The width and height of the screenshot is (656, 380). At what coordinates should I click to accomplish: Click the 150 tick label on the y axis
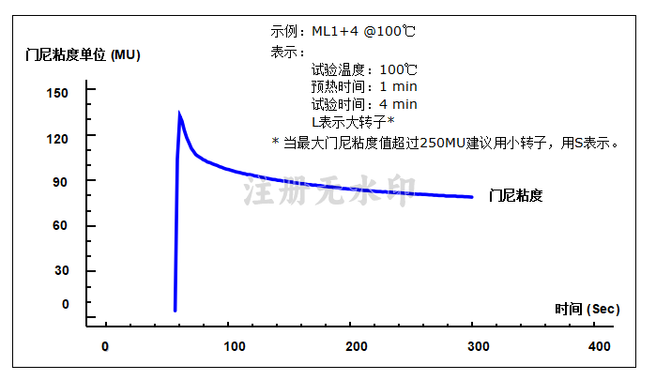pyautogui.click(x=57, y=93)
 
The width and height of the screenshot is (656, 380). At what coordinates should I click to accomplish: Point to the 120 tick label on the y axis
pyautogui.click(x=57, y=139)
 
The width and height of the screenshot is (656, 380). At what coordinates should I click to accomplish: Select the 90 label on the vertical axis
pyautogui.click(x=60, y=182)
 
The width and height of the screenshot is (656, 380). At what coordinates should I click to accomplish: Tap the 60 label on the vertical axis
pyautogui.click(x=60, y=225)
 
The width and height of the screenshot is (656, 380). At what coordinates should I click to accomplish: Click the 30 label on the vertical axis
pyautogui.click(x=62, y=270)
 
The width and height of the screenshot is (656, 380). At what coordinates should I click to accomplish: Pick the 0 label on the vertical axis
pyautogui.click(x=66, y=304)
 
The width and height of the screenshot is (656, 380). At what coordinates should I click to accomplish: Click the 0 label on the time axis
pyautogui.click(x=105, y=346)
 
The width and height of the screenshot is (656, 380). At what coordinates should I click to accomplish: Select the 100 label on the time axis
pyautogui.click(x=235, y=346)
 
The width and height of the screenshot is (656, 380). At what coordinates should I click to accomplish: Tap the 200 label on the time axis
pyautogui.click(x=357, y=346)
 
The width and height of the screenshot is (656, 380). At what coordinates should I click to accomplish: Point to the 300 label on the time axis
pyautogui.click(x=479, y=346)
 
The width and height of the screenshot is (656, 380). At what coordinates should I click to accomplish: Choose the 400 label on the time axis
pyautogui.click(x=600, y=346)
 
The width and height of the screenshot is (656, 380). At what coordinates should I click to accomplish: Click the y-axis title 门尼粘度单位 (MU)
pyautogui.click(x=83, y=54)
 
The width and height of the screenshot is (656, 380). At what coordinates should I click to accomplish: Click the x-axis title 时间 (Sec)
pyautogui.click(x=587, y=310)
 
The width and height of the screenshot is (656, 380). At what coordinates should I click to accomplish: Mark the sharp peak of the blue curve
pyautogui.click(x=179, y=113)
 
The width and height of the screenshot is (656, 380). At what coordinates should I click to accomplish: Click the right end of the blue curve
pyautogui.click(x=472, y=197)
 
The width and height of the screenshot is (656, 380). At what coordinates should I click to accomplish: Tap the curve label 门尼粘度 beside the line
pyautogui.click(x=516, y=195)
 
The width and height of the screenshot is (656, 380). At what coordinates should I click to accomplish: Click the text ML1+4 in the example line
pyautogui.click(x=335, y=31)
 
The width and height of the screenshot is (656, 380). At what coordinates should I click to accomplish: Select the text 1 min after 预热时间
pyautogui.click(x=398, y=86)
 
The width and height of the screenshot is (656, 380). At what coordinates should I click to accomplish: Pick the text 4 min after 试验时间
pyautogui.click(x=398, y=104)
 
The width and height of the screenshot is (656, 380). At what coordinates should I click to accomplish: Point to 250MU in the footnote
pyautogui.click(x=443, y=144)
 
